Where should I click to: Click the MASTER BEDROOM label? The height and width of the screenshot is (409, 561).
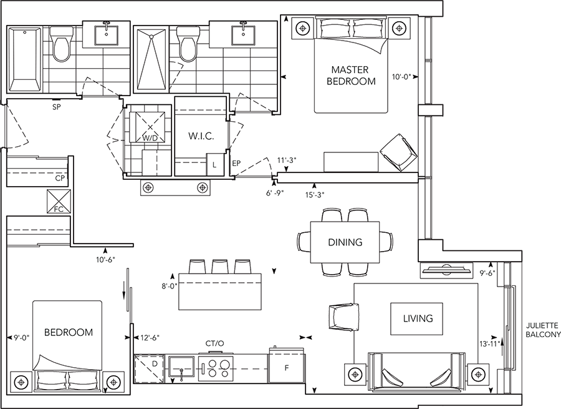(353, 76)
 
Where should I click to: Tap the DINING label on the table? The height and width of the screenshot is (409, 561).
(345, 242)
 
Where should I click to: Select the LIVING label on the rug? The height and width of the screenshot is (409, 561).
(418, 318)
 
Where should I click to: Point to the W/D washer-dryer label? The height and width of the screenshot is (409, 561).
(150, 137)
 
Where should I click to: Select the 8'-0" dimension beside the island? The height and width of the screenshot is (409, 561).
(168, 287)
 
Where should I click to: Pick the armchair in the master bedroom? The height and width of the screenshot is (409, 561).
(398, 152)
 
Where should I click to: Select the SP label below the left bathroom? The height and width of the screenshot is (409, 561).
(56, 107)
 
